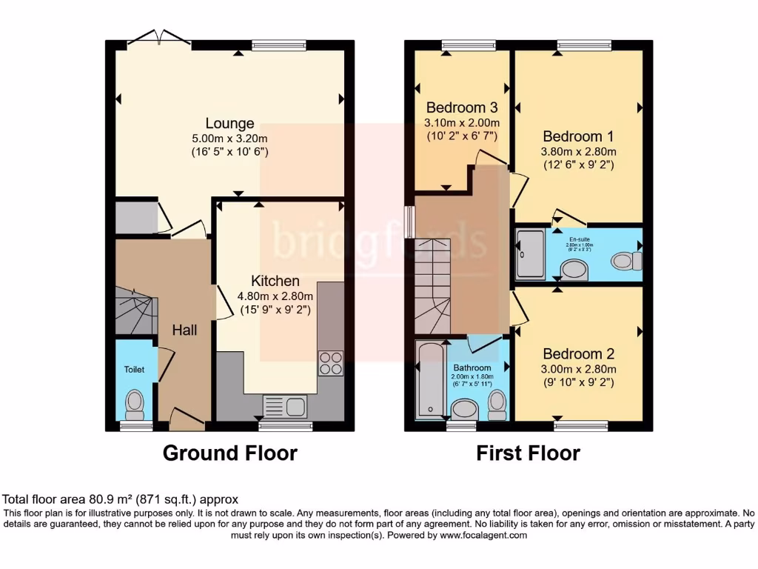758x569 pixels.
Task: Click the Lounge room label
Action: (229, 124)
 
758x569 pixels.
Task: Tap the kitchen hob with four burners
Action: (331, 363)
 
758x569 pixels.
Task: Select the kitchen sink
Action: (286, 407)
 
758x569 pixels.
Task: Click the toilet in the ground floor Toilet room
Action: (135, 403)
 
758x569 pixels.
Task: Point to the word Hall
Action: (184, 330)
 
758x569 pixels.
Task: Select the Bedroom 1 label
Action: (578, 136)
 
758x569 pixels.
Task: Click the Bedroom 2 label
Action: (578, 354)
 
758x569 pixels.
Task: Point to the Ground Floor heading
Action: (229, 453)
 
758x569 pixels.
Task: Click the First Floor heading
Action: (528, 453)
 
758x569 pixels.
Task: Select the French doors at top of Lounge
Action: (158, 39)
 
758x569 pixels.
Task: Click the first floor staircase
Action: (433, 285)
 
